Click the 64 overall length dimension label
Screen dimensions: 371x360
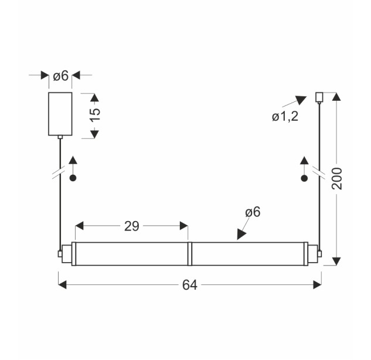[x=189, y=285]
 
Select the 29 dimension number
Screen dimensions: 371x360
[x=132, y=226]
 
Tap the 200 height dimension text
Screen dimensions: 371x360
[x=337, y=178]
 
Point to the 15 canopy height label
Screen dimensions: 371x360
[x=96, y=114]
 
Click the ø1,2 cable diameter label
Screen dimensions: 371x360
[x=285, y=117]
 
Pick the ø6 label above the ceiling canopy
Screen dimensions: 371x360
[x=60, y=76]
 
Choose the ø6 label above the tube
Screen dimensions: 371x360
[x=253, y=212]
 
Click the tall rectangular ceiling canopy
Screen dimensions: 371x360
[x=60, y=114]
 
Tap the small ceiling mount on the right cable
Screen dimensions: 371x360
[x=319, y=97]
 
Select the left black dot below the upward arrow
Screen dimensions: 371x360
[x=73, y=178]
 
